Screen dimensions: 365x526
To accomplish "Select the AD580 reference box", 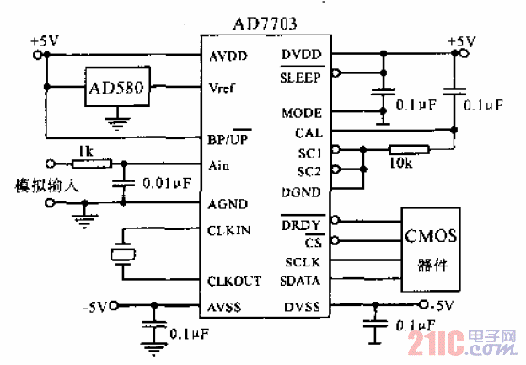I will (114, 88).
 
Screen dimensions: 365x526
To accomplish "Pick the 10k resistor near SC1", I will (408, 151).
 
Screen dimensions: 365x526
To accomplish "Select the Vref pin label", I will (222, 88).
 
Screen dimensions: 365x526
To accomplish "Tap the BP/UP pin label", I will (228, 137).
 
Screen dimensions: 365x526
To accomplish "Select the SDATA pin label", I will (299, 281).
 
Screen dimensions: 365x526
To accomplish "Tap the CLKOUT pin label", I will (234, 282).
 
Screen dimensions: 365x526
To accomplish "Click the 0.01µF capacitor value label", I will (164, 181).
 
